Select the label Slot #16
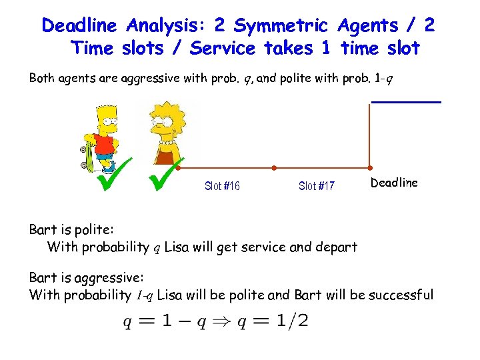click(222, 186)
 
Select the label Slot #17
click(317, 186)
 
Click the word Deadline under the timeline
click(394, 183)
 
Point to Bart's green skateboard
click(89, 155)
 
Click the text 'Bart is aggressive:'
click(87, 277)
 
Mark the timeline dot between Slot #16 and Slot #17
click(274, 167)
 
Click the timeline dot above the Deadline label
click(371, 167)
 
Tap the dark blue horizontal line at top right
click(406, 101)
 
